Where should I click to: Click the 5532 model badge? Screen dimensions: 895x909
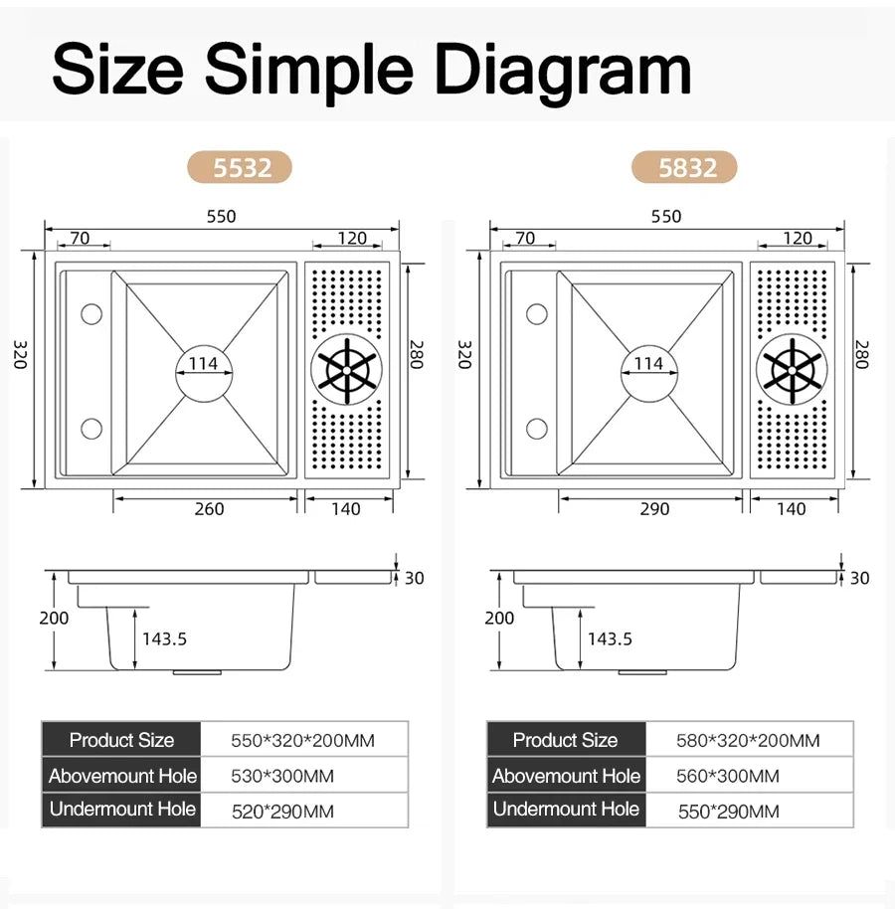[240, 167]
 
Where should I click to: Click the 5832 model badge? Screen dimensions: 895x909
[684, 167]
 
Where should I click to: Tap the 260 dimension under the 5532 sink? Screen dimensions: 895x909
[209, 509]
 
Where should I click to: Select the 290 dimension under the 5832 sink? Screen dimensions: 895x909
[654, 509]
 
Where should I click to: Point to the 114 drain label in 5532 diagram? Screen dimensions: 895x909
[203, 363]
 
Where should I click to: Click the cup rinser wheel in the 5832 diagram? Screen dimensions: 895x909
[792, 370]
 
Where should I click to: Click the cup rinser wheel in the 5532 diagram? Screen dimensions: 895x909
[347, 370]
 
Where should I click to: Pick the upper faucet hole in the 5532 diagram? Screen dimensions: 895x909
[91, 314]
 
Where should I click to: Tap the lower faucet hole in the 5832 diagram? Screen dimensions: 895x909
[537, 429]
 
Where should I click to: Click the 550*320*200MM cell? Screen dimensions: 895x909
[303, 740]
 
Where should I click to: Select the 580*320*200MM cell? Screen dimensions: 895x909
[749, 740]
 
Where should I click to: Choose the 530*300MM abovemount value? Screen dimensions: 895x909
[282, 776]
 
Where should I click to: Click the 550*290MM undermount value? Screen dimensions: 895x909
[729, 811]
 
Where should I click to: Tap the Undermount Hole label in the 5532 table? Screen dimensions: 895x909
[122, 809]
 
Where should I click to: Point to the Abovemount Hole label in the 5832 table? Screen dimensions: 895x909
[566, 776]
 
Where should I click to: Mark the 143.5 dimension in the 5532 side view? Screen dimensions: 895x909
[165, 638]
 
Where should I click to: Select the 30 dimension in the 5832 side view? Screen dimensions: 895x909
[859, 578]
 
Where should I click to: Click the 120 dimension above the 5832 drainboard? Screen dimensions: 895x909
[798, 238]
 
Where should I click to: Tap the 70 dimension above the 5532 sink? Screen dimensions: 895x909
[80, 238]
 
